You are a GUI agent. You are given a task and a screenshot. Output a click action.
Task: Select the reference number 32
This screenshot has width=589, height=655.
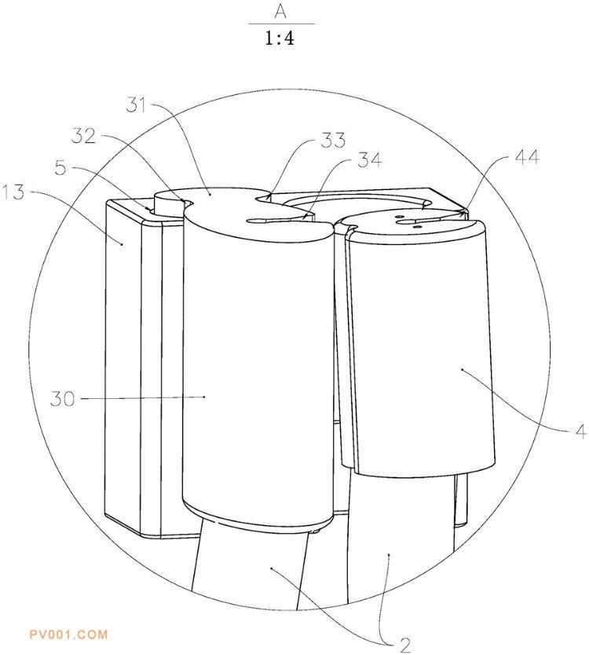[83, 136]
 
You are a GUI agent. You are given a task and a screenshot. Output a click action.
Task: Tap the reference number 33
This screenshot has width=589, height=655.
[333, 140]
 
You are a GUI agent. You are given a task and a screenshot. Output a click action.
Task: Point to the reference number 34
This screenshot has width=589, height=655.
[369, 160]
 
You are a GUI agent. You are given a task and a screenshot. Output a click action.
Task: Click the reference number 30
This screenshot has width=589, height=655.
[63, 398]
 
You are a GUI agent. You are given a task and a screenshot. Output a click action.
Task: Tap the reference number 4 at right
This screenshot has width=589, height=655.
[581, 431]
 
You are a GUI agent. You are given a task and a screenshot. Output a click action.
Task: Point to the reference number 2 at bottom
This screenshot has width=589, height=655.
[404, 646]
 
